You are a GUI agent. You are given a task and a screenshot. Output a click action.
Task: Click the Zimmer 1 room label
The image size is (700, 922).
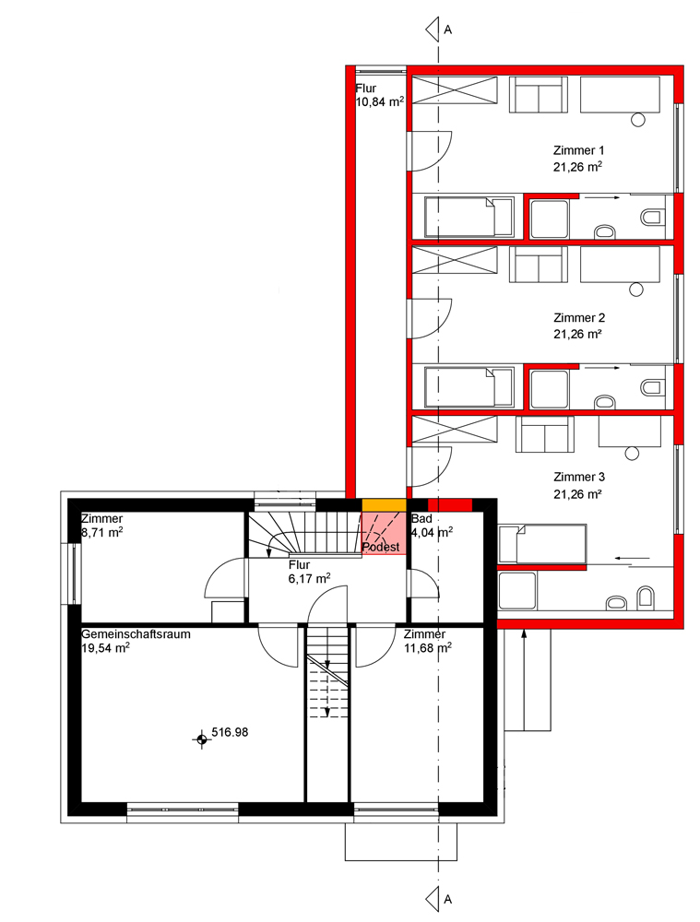[x=578, y=150]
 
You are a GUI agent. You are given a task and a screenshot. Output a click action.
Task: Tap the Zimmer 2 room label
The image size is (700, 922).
[x=579, y=318]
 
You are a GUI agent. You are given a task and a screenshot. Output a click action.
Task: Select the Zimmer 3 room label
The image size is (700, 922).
[x=579, y=477]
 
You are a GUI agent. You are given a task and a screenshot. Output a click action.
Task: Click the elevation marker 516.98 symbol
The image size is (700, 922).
[x=202, y=739]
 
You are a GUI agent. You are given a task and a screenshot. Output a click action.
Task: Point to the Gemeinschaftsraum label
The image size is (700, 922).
[x=136, y=634]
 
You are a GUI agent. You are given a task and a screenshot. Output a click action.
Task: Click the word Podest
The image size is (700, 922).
[x=381, y=548]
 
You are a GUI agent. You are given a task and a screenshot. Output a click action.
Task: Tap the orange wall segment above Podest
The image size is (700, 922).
[x=384, y=505]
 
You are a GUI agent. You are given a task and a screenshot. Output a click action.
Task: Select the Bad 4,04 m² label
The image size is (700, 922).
[x=432, y=526]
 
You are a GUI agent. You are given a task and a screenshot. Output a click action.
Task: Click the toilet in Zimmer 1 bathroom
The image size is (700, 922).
[x=650, y=217]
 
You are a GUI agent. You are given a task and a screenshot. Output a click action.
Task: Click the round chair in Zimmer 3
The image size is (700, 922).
[x=633, y=454]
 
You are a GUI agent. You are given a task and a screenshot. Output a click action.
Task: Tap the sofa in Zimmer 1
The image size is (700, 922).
[x=539, y=94]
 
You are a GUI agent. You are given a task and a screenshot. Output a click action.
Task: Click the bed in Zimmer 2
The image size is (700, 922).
[x=469, y=386]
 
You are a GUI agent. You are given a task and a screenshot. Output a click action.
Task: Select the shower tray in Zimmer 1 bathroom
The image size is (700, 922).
[x=550, y=219]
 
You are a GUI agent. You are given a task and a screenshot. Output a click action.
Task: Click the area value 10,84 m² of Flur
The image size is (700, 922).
[x=380, y=102]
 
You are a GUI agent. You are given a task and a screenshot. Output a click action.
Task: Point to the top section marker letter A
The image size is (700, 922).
[x=448, y=30]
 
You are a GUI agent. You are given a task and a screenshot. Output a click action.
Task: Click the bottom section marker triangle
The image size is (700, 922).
[x=433, y=898]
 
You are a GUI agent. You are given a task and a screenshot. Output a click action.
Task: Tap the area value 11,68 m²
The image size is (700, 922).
[x=428, y=648]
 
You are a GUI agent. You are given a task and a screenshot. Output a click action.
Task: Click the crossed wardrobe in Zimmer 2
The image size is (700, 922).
[x=454, y=261]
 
